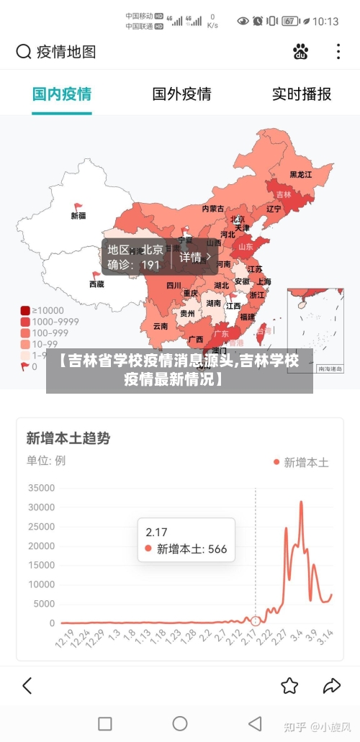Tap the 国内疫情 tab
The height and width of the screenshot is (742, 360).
[62, 94]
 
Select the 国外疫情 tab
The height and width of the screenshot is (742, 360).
[181, 94]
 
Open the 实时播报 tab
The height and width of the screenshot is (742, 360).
[301, 94]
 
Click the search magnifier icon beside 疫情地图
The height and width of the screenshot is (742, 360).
[24, 52]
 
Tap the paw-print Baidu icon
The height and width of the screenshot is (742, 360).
[301, 52]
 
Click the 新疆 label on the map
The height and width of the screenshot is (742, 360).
[78, 215]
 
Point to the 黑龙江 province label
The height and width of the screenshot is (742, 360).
[301, 174]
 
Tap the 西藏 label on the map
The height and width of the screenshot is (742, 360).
[96, 284]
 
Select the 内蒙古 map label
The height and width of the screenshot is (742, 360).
[212, 209]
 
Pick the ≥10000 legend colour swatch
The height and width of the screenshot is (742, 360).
[25, 311]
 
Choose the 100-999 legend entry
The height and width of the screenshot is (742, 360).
[50, 333]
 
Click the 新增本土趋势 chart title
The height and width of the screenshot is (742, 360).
[68, 438]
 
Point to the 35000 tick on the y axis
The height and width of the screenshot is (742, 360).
[41, 488]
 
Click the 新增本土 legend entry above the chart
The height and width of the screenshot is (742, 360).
[300, 462]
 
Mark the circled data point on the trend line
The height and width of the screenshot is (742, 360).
[256, 620]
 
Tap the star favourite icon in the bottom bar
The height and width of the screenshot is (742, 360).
[289, 685]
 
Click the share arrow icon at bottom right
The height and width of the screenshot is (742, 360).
[332, 685]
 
